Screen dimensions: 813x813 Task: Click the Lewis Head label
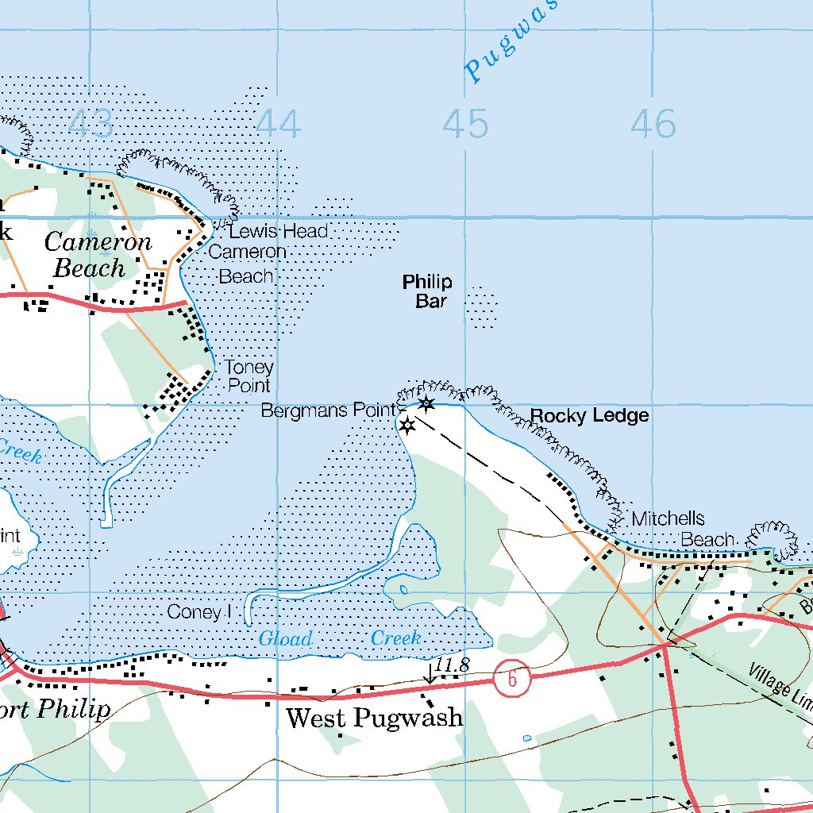coord(278,231)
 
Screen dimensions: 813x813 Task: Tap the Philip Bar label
coord(427,291)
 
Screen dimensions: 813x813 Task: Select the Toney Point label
coord(249,376)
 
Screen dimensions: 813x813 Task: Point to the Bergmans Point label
coord(328,410)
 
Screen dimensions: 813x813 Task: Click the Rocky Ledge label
coord(589,415)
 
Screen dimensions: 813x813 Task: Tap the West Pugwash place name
coord(374,718)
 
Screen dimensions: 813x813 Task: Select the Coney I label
coord(198,611)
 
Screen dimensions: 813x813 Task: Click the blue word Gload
coord(285,638)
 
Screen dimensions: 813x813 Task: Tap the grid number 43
coord(91,124)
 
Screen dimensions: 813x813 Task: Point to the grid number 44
coord(279,124)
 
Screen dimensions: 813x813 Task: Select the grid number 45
coord(465,124)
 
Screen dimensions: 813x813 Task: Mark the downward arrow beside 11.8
coord(430,673)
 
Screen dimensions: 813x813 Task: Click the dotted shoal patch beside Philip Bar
coord(482,307)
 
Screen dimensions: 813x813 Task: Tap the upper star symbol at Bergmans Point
coord(426,404)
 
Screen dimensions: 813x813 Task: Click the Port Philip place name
coord(56,708)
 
